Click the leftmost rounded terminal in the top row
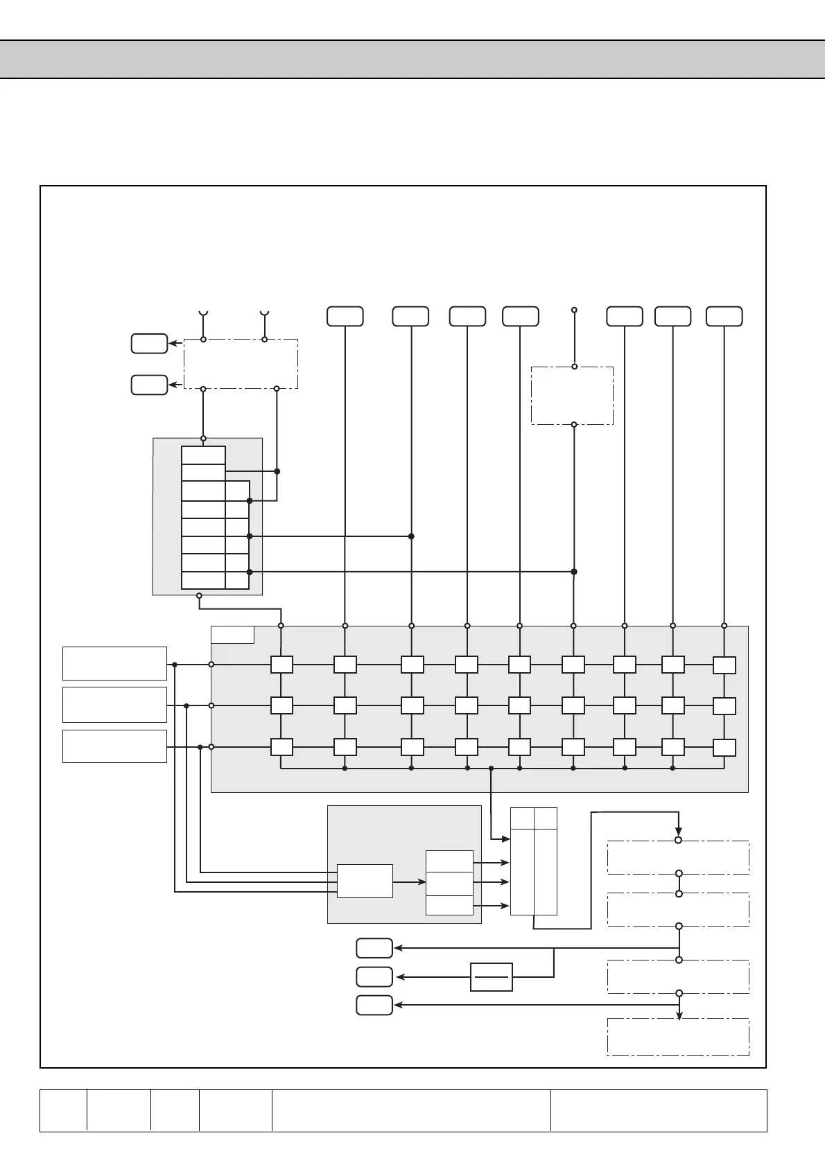(x=345, y=316)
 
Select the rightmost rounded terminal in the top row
(x=724, y=316)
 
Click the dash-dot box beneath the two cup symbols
(x=241, y=364)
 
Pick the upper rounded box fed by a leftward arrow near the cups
(x=149, y=344)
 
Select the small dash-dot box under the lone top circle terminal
(x=572, y=396)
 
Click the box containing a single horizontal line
(x=491, y=977)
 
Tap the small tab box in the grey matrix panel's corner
(x=232, y=635)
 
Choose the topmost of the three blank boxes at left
(x=114, y=663)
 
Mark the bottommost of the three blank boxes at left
(x=114, y=746)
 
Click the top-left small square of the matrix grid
(x=281, y=665)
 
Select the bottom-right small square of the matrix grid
(x=724, y=748)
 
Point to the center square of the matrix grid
(x=519, y=705)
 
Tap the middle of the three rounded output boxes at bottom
(x=374, y=977)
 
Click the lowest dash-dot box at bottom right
(x=678, y=1037)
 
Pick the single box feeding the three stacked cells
(x=365, y=881)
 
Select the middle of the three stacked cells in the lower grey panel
(x=449, y=884)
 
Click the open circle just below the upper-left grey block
(x=199, y=595)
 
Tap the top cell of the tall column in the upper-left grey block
(x=203, y=455)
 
